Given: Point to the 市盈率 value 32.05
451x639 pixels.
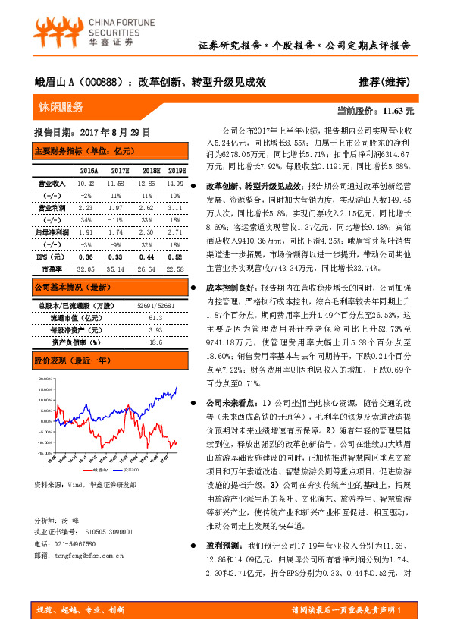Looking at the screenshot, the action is pyautogui.click(x=85, y=269).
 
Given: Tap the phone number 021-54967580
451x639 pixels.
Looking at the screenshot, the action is pyautogui.click(x=77, y=565).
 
